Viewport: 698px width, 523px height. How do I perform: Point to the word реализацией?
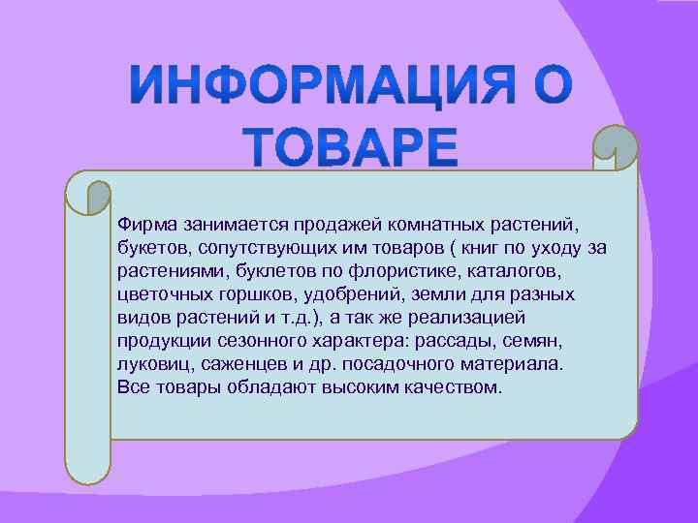pyautogui.click(x=479, y=316)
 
